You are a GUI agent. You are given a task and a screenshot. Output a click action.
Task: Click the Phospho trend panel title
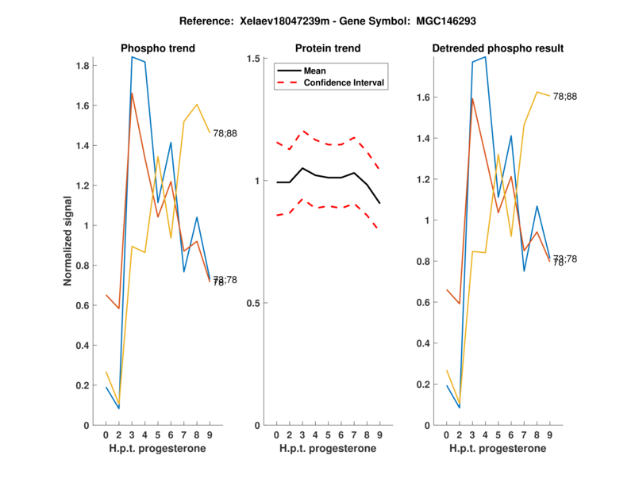(x=158, y=48)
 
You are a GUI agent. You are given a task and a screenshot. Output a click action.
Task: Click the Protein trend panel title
(x=328, y=48)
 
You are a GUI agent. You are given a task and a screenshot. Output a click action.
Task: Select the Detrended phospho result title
(x=498, y=48)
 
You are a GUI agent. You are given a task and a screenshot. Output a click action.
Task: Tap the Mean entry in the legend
(x=314, y=71)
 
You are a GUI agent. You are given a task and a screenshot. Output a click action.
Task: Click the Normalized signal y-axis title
(x=68, y=241)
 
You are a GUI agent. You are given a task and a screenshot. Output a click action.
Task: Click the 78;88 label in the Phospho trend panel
(x=225, y=133)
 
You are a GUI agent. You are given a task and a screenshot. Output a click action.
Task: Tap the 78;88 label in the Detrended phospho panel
(x=565, y=96)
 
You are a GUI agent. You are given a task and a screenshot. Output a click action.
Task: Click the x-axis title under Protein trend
(x=328, y=449)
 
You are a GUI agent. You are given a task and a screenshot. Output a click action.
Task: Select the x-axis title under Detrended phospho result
(x=498, y=449)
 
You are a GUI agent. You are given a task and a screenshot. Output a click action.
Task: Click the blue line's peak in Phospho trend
(x=132, y=57)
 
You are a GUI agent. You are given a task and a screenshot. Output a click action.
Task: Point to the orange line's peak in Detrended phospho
(x=472, y=98)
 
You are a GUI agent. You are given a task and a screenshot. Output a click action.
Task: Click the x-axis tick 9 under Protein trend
(x=379, y=434)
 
